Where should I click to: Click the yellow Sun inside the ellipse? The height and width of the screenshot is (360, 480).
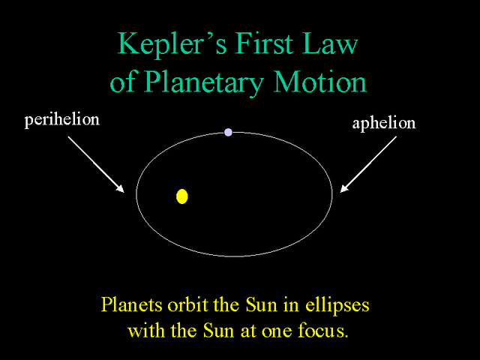181,196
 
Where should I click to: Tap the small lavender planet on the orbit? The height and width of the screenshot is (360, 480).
228,132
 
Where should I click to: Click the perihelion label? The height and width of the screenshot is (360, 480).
61,120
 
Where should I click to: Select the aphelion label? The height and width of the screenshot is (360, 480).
383,123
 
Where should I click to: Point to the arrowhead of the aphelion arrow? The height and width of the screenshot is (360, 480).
342,190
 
